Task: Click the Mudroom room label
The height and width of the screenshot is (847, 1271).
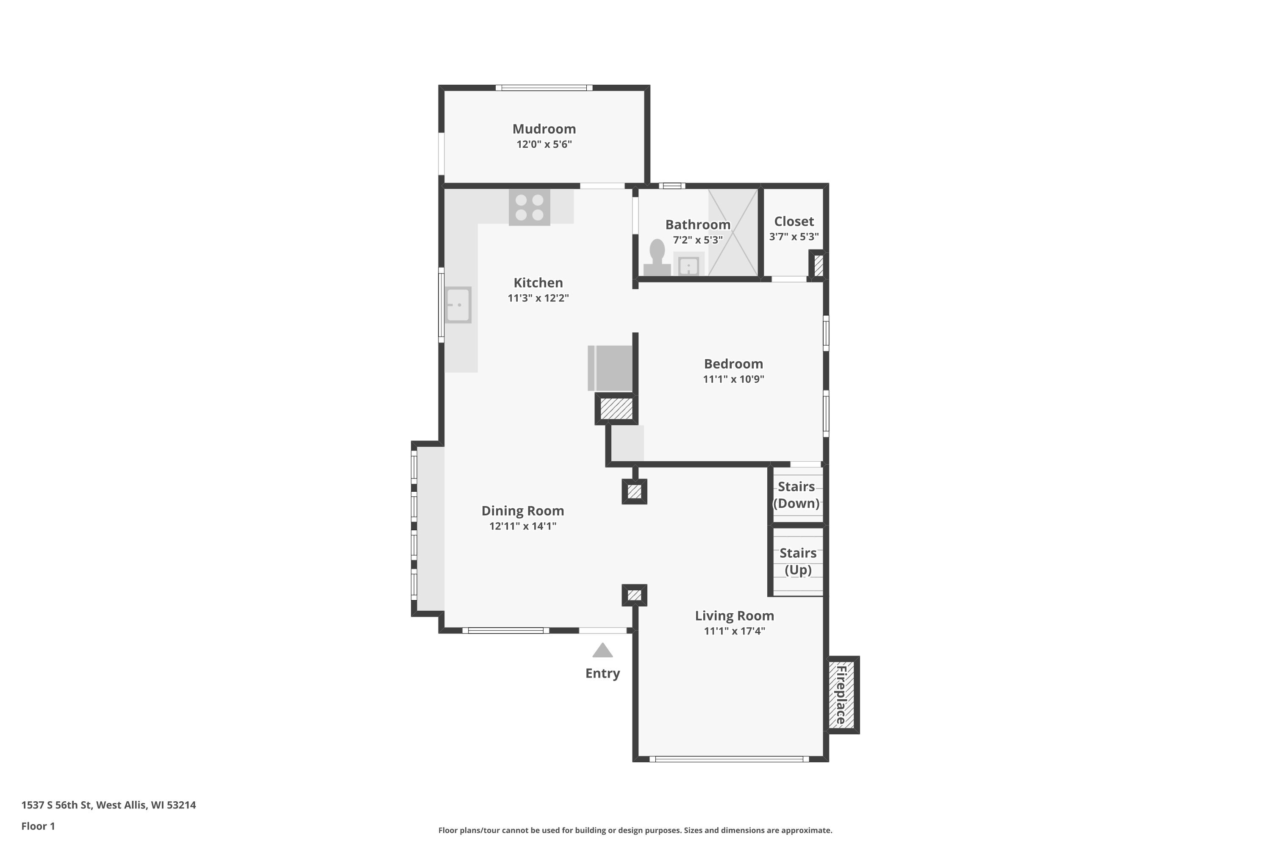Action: coord(544,129)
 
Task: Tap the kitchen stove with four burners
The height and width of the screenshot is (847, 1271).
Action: coord(529,208)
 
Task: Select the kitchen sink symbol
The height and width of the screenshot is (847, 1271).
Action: coord(458,304)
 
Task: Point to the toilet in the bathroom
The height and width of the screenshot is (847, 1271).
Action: coord(657,257)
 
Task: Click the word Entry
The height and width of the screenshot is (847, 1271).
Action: coord(602,673)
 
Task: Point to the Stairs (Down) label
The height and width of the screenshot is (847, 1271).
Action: coord(796,495)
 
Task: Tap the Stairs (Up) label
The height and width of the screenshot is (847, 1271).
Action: coord(798,561)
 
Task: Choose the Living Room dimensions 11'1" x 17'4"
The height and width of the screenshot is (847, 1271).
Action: coord(734,631)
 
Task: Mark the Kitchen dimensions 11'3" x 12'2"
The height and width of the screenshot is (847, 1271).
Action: coord(538,298)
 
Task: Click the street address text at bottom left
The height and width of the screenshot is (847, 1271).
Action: coord(108,805)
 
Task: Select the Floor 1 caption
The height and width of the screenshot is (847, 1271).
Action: coord(38,826)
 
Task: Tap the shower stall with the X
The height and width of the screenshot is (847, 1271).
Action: coord(733,232)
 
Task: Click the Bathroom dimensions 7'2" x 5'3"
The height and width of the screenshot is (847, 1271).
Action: coord(698,240)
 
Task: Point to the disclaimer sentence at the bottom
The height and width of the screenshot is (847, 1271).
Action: coord(635,830)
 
